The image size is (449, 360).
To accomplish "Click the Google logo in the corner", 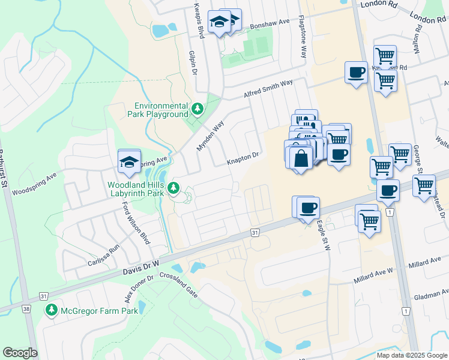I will pyautogui.click(x=20, y=353).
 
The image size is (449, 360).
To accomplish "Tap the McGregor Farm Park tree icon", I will pyautogui.click(x=52, y=310).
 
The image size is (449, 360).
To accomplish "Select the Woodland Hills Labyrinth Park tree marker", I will pyautogui.click(x=174, y=188).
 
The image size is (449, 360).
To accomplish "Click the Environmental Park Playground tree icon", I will pyautogui.click(x=197, y=109).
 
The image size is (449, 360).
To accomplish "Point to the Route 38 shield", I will pyautogui.click(x=26, y=309).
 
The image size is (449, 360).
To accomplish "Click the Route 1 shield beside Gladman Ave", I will pyautogui.click(x=406, y=311).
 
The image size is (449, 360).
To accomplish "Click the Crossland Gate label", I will pyautogui.click(x=178, y=284).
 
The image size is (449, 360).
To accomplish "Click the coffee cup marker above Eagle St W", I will pyautogui.click(x=309, y=208).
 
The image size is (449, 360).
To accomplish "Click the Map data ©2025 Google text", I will pyautogui.click(x=412, y=355).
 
